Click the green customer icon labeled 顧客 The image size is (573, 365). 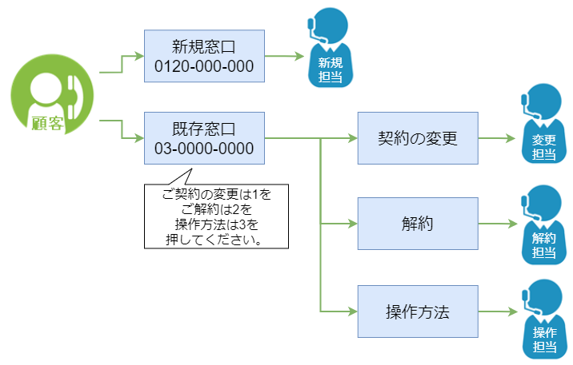(x=53, y=96)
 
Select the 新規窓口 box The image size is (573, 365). (x=204, y=55)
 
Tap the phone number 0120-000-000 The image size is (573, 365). (x=204, y=65)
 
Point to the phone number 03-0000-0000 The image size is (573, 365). (x=204, y=149)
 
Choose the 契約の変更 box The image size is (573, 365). (x=417, y=138)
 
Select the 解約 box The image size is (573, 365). (x=417, y=224)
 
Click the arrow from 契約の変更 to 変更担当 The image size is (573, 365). (x=497, y=138)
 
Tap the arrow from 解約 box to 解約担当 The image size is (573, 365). (x=497, y=224)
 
